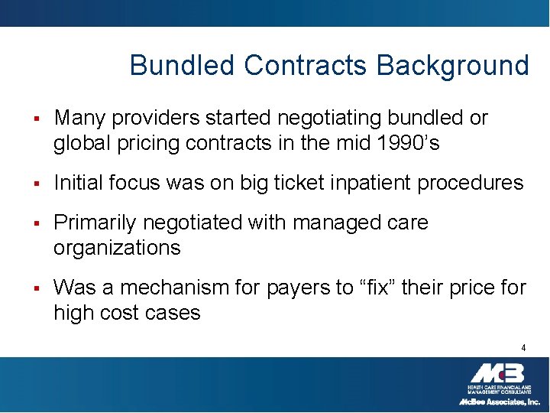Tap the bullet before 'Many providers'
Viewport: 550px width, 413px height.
pyautogui.click(x=35, y=119)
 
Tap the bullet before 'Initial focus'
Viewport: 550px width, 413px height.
pyautogui.click(x=35, y=184)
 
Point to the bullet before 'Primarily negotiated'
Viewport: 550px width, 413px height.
pyautogui.click(x=35, y=223)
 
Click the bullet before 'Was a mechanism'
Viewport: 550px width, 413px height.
pyautogui.click(x=35, y=288)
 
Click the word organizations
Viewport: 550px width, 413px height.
pyautogui.click(x=117, y=249)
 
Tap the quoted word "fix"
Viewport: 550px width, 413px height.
pyautogui.click(x=368, y=288)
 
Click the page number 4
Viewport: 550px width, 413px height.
pyautogui.click(x=523, y=348)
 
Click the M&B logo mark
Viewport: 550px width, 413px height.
pyautogui.click(x=497, y=373)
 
